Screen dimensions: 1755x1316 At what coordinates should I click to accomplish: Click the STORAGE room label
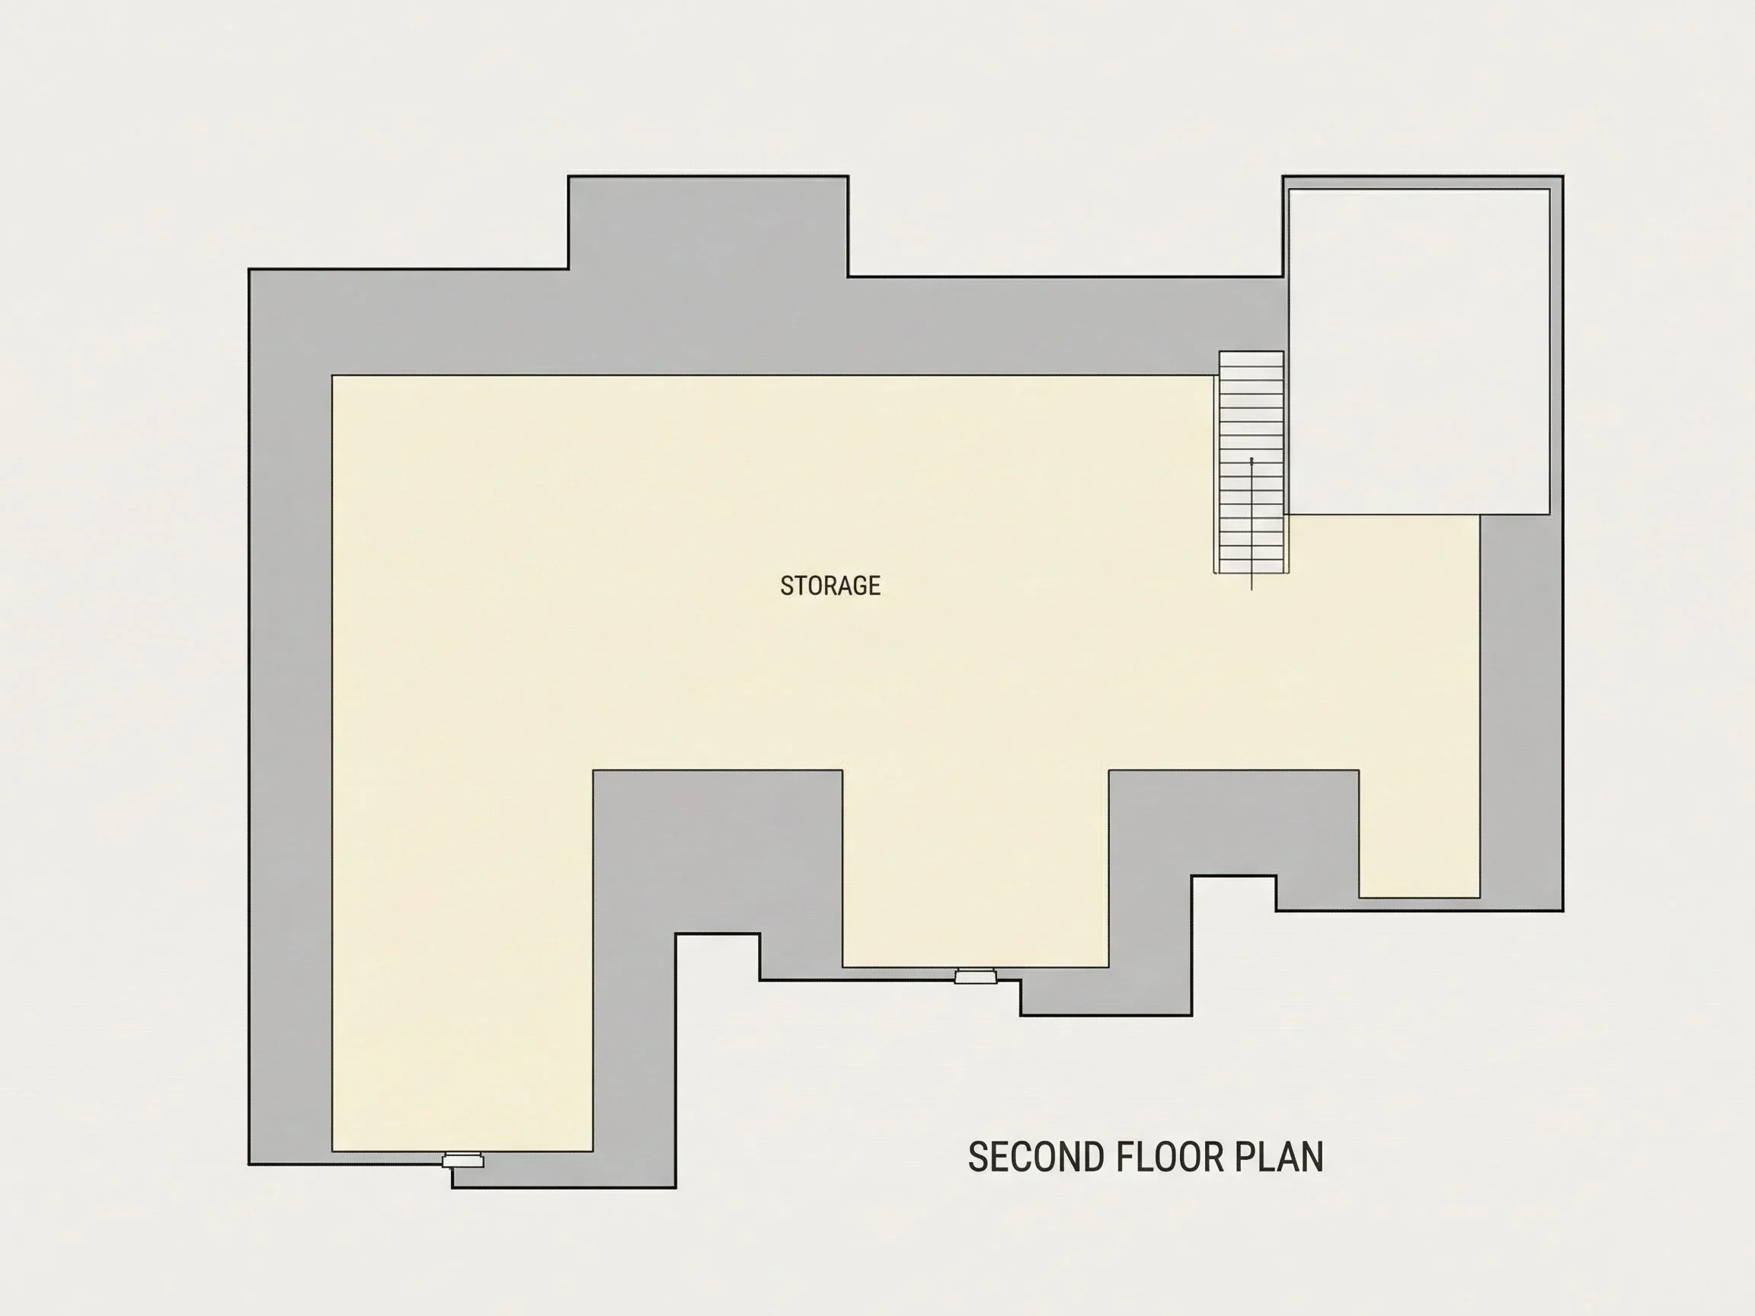point(830,586)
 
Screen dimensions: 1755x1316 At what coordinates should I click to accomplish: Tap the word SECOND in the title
point(1036,1158)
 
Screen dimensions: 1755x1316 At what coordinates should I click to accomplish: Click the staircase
point(1252,462)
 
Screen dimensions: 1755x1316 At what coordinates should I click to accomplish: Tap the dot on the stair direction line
point(1252,459)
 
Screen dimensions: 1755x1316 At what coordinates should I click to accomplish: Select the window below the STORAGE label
point(975,976)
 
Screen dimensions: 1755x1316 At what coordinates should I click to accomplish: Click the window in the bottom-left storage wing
point(462,1160)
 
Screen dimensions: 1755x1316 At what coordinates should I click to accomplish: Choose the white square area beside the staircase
point(1418,351)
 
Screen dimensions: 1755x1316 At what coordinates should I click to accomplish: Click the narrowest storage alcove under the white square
point(1419,833)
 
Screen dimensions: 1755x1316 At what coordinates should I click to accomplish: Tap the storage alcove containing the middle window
point(975,868)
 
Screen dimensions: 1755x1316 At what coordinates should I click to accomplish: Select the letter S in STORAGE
point(786,586)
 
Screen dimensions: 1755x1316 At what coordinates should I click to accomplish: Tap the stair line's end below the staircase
point(1252,590)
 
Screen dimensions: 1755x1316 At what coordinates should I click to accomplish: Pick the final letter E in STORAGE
point(874,586)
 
